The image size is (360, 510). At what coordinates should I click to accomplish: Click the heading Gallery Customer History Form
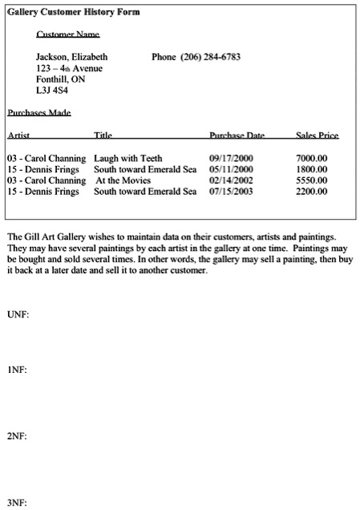pyautogui.click(x=73, y=13)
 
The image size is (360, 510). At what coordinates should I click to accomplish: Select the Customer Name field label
pyautogui.click(x=68, y=34)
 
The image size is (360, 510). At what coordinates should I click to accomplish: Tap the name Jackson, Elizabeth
pyautogui.click(x=72, y=57)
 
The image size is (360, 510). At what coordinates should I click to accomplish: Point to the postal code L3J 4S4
pyautogui.click(x=52, y=91)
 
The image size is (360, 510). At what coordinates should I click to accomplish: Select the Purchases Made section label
pyautogui.click(x=39, y=113)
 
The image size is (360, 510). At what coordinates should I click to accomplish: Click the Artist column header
pyautogui.click(x=18, y=136)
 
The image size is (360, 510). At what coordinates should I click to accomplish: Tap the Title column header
pyautogui.click(x=103, y=136)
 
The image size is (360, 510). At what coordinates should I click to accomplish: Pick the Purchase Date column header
pyautogui.click(x=237, y=136)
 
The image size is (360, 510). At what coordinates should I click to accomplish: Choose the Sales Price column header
pyautogui.click(x=317, y=136)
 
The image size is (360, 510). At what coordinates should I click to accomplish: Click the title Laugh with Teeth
pyautogui.click(x=128, y=159)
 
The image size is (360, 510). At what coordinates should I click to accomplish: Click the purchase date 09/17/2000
pyautogui.click(x=231, y=159)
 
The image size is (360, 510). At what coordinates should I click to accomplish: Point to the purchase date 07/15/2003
pyautogui.click(x=231, y=192)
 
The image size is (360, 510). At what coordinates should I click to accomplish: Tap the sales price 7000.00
pyautogui.click(x=311, y=159)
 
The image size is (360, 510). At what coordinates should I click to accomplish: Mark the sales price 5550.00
pyautogui.click(x=311, y=180)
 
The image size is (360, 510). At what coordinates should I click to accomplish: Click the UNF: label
pyautogui.click(x=18, y=314)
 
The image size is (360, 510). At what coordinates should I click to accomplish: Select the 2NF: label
pyautogui.click(x=18, y=437)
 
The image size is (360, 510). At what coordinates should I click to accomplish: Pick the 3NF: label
pyautogui.click(x=18, y=503)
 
